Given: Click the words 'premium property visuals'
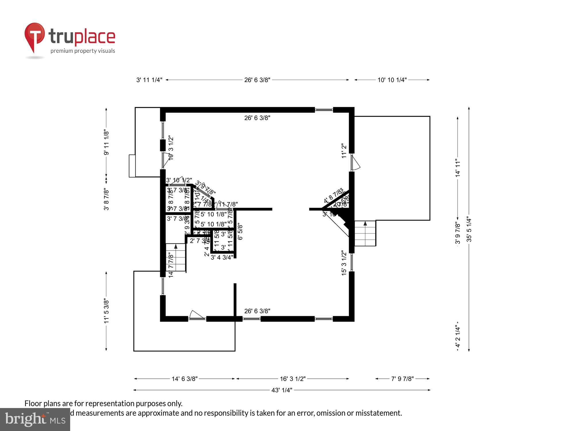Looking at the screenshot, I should click(x=83, y=51).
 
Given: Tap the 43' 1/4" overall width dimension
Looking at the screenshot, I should click(x=281, y=390).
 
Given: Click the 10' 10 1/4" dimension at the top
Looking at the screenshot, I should click(x=392, y=80).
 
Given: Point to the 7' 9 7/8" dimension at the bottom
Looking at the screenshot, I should click(x=402, y=379).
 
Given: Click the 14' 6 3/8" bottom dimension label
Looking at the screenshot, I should click(x=184, y=379).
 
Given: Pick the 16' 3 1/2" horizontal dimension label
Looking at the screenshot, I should click(x=292, y=379).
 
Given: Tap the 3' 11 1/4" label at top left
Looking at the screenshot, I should click(x=149, y=80).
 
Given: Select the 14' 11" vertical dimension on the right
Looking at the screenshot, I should click(x=458, y=168).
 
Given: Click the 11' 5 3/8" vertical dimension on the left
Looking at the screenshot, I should click(x=106, y=311).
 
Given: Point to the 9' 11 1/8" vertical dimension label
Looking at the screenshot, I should click(x=106, y=142).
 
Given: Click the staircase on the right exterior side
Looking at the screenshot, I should click(x=365, y=233).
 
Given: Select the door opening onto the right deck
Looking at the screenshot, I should click(x=355, y=163).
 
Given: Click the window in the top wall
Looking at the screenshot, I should click(x=324, y=109).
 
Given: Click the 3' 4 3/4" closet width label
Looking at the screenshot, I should click(x=222, y=257).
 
